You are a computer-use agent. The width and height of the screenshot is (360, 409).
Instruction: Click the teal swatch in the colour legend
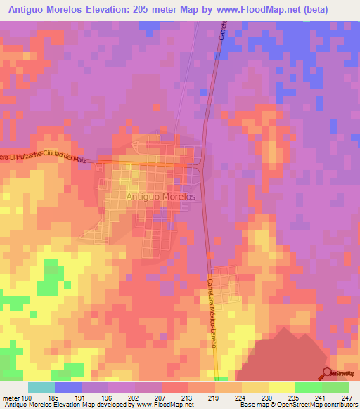41,387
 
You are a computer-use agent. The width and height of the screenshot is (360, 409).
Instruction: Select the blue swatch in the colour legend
67,387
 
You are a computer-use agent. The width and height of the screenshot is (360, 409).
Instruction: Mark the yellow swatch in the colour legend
281,387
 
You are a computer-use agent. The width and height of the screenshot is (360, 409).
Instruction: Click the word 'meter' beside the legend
11,398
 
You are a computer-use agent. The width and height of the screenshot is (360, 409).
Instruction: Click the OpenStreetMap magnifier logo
327,372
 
